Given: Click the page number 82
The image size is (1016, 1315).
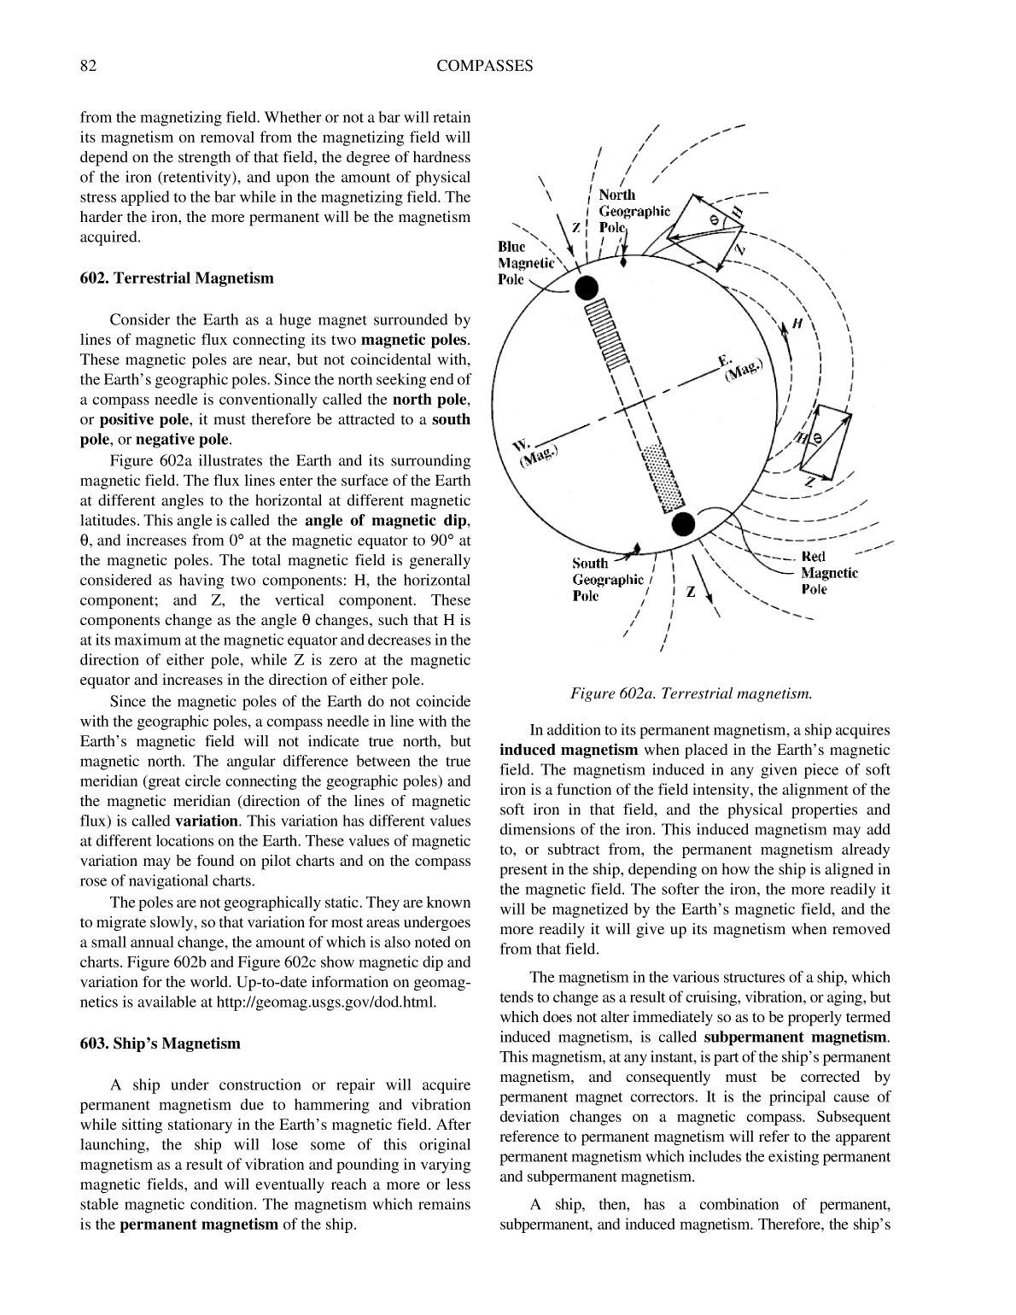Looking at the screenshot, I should (x=87, y=66).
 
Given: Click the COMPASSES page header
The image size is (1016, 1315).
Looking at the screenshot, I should (x=484, y=66).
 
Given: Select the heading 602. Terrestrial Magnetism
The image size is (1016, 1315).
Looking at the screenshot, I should (x=177, y=278).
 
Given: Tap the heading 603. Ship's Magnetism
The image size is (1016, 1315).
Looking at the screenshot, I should (x=160, y=1043).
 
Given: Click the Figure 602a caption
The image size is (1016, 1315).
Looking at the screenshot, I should (x=691, y=693).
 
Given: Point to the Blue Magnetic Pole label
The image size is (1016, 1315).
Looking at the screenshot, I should (x=524, y=263).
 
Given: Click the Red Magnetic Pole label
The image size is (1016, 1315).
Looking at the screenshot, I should (x=828, y=573).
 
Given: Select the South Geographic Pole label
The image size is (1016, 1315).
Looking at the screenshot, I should (x=607, y=580).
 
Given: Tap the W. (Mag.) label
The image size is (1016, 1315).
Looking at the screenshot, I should (x=535, y=453).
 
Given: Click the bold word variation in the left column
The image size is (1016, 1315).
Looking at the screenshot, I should (x=206, y=821).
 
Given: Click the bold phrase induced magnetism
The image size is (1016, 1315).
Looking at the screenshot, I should (x=569, y=751).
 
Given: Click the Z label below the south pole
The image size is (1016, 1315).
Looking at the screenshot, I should (x=690, y=592).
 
